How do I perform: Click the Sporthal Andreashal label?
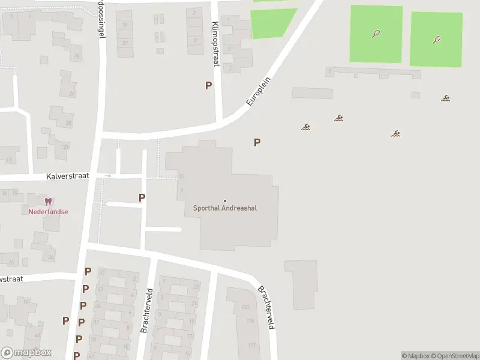coord(224,209)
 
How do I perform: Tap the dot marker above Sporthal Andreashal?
coord(225,201)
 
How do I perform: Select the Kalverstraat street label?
coord(67,176)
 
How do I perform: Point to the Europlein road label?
coord(260,92)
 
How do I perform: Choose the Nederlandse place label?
coord(48,211)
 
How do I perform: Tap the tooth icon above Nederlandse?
coord(48,202)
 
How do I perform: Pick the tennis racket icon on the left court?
coord(376,34)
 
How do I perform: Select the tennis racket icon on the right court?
coord(436,40)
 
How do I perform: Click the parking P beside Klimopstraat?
coord(208,85)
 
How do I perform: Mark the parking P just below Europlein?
coord(257,142)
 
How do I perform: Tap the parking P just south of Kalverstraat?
coord(142,197)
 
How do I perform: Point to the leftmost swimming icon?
coord(306,127)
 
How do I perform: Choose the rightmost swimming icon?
coord(446,98)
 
